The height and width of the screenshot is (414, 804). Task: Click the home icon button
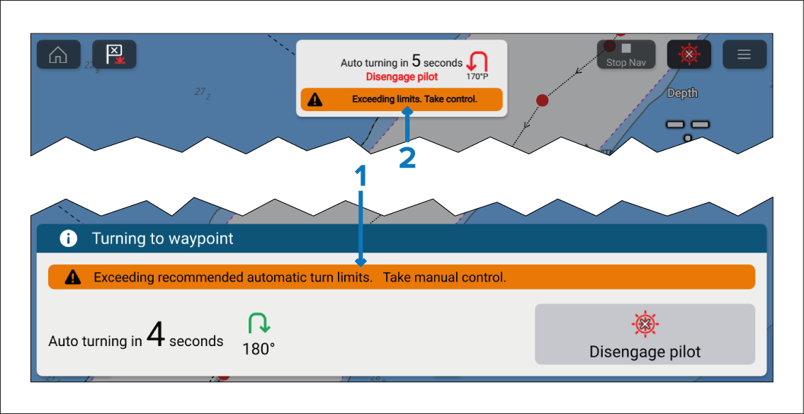58,54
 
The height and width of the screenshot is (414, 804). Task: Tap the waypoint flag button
114,54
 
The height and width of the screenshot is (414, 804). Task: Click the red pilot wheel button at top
689,54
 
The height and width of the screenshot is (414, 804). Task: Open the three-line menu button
744,54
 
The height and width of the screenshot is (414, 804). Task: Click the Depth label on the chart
682,93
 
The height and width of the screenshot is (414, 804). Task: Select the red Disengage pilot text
402,77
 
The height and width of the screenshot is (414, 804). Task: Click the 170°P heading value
477,76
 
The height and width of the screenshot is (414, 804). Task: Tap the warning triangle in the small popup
315,100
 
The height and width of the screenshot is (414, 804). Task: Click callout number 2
407,158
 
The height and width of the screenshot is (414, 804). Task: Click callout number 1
361,176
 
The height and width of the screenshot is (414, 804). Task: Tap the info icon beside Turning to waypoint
68,238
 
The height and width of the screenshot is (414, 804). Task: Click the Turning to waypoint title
162,238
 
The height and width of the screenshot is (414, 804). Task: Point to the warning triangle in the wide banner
72,277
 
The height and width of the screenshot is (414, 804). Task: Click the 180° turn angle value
258,349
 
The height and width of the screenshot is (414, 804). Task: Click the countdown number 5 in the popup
417,62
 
